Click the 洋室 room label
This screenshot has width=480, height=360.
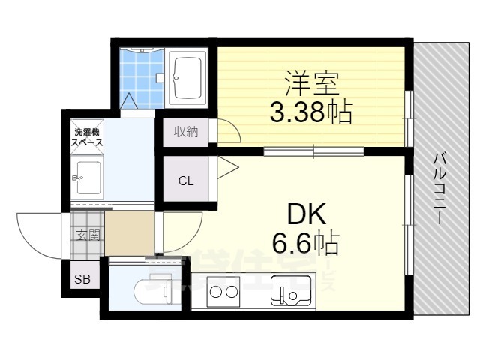307,81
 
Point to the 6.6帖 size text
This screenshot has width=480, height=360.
307,244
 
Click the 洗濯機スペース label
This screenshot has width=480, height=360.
87,136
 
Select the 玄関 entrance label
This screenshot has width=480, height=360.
88,234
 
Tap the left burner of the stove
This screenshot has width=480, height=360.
215,292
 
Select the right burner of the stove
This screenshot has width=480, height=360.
232,292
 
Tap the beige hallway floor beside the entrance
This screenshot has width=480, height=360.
130,233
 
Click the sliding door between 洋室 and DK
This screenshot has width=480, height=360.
313,152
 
